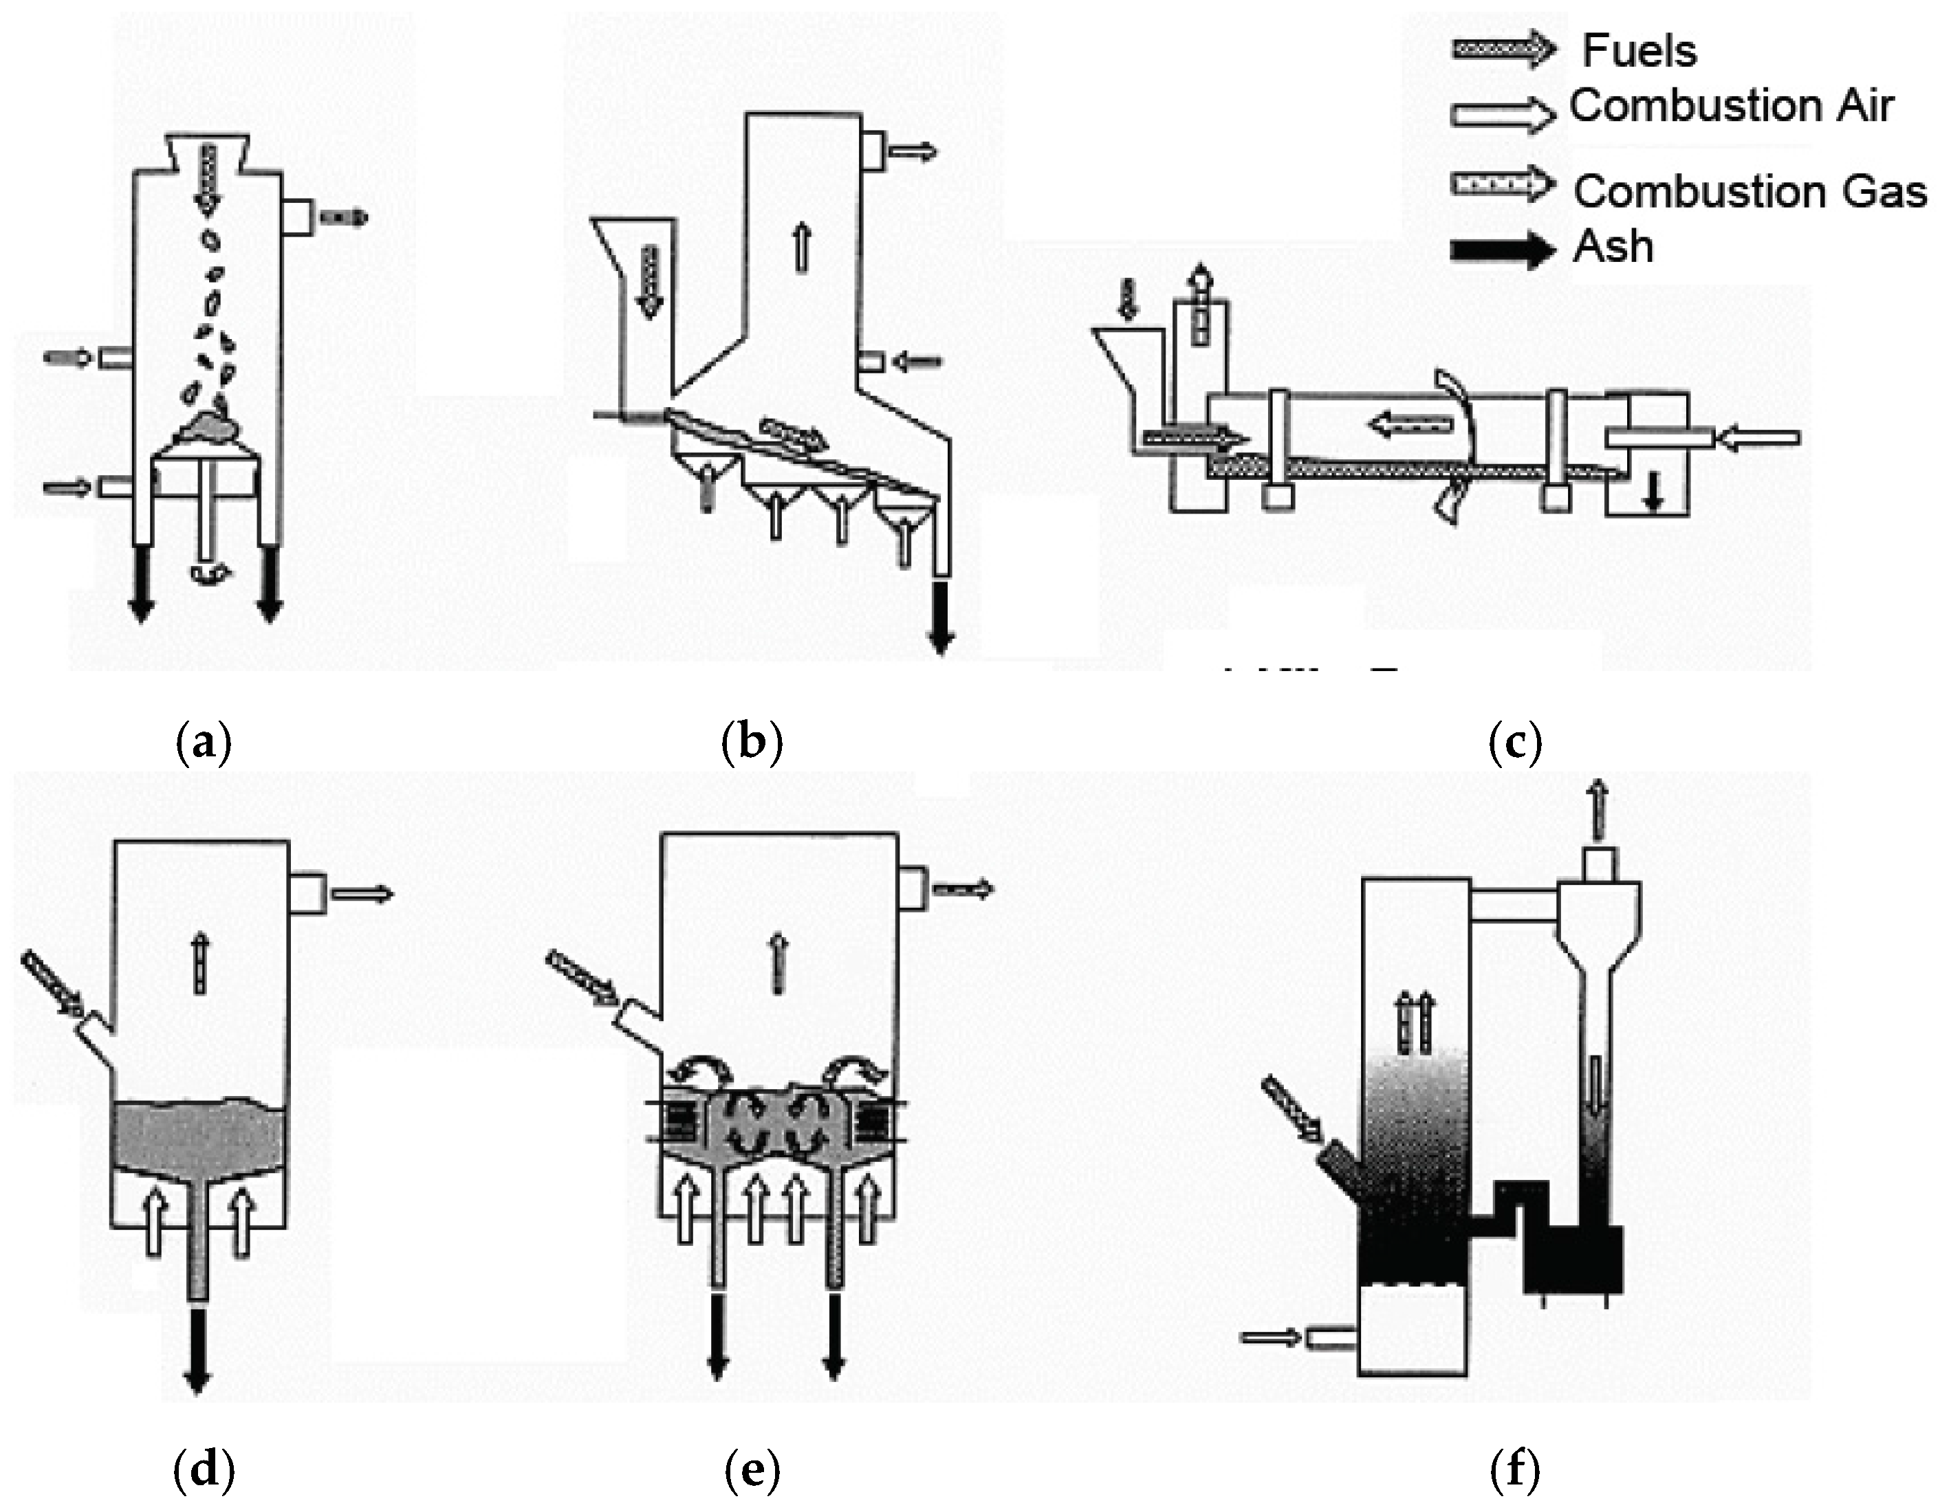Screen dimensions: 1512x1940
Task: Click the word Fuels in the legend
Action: [1639, 51]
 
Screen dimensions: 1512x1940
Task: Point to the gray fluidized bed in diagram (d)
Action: [200, 1137]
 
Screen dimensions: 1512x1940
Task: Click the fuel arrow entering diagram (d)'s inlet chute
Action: [52, 985]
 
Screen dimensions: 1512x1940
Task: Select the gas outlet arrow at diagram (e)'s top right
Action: [963, 888]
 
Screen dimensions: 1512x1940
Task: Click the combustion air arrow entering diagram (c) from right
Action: [1760, 438]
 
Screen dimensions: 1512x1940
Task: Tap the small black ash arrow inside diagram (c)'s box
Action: [1652, 491]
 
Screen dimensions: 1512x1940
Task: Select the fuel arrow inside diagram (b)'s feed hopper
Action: [651, 281]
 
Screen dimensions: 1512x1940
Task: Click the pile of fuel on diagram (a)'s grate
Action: [210, 426]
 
